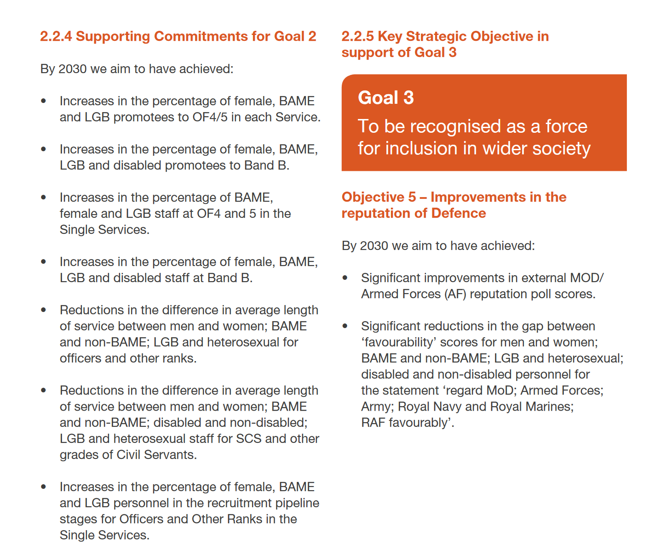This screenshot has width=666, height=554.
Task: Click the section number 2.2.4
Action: point(56,36)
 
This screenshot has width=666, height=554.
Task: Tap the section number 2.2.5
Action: point(357,36)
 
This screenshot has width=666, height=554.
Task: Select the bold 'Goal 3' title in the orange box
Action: point(386,98)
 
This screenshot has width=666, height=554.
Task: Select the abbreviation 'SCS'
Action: point(249,439)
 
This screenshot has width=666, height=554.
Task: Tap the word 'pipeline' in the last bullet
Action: point(297,503)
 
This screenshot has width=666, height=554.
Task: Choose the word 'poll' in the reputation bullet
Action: point(541,294)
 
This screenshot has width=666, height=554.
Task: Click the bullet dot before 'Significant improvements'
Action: point(345,278)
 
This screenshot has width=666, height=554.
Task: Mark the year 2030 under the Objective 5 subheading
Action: point(374,246)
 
